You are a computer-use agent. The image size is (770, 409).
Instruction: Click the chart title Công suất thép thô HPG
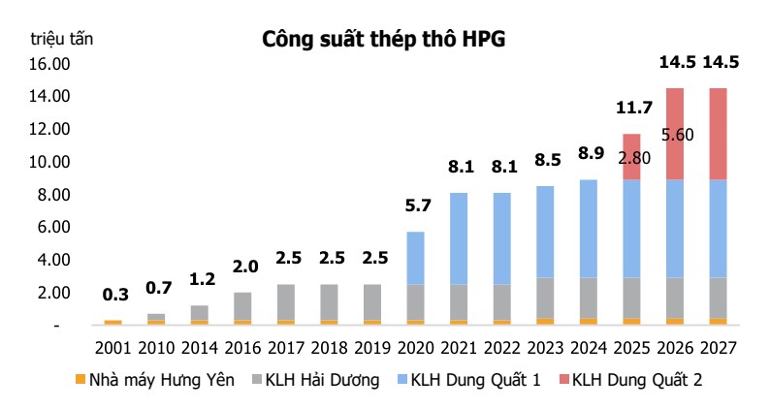[384, 39]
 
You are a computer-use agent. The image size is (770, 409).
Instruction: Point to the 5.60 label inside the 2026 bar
[676, 135]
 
